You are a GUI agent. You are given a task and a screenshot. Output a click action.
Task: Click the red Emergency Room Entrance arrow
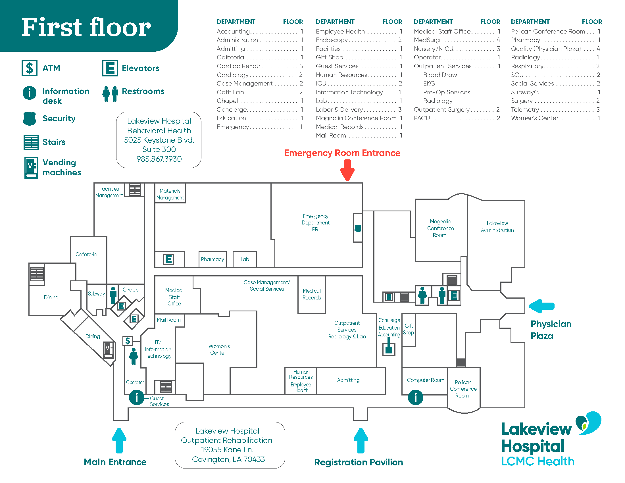(347, 170)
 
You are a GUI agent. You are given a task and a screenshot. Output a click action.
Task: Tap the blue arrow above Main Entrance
(119, 440)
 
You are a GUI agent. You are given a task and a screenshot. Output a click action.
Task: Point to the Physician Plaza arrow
(541, 306)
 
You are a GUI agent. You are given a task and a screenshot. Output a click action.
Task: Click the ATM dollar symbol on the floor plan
(128, 340)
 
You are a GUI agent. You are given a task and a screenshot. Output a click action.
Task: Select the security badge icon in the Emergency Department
(358, 228)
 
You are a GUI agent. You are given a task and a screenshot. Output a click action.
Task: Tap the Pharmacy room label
(212, 259)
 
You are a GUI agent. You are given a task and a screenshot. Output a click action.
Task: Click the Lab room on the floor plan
(245, 259)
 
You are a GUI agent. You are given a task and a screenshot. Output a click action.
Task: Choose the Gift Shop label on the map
(409, 329)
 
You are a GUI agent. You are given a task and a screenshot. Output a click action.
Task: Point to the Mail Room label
(168, 320)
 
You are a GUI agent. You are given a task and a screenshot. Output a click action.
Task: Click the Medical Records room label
(312, 294)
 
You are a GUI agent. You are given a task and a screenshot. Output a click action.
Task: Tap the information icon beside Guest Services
(136, 397)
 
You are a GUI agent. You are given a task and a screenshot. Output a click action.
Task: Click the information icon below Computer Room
(415, 397)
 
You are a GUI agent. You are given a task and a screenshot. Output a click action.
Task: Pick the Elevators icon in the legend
(110, 68)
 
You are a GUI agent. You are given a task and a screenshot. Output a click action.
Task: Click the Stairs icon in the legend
(31, 142)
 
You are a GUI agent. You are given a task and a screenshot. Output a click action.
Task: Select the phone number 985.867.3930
(159, 159)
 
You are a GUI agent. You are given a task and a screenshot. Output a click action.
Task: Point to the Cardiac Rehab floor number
(301, 66)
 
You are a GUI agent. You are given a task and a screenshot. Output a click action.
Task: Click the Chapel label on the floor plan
(131, 290)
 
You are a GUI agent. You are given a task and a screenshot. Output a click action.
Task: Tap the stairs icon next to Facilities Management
(135, 189)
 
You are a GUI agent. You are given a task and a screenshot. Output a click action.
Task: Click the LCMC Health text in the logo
(538, 461)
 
